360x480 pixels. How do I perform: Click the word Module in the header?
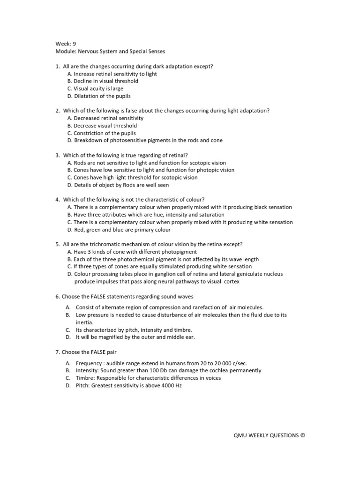coord(64,51)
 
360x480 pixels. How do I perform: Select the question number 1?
coord(57,66)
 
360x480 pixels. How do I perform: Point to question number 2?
coord(57,111)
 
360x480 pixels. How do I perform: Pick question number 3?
coord(57,155)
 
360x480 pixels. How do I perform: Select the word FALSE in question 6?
coord(92,296)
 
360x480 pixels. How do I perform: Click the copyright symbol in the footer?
coord(302,435)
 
